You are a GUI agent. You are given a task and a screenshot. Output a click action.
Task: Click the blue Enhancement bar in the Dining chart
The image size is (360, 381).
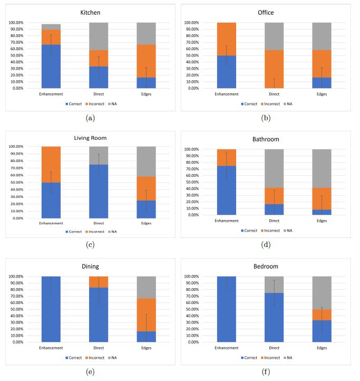[51, 309]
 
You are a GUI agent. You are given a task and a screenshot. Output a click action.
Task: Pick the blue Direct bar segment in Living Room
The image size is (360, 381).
[98, 191]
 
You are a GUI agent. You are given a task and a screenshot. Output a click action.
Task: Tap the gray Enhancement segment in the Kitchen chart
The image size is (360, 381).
[51, 26]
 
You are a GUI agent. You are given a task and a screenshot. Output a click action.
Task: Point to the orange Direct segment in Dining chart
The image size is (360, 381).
[98, 282]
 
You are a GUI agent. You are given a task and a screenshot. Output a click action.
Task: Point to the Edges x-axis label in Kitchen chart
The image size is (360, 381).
[146, 94]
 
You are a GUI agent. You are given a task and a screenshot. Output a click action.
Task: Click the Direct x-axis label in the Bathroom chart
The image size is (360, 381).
[274, 221]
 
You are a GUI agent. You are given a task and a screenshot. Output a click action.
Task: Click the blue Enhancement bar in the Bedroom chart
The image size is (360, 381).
[228, 309]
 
